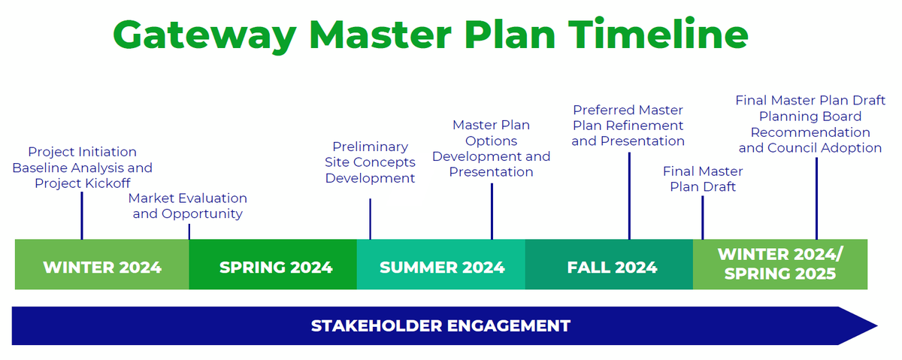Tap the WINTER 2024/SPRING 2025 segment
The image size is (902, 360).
click(780, 264)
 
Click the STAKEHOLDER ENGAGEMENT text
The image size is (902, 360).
click(440, 326)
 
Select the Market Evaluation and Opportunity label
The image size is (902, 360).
click(187, 206)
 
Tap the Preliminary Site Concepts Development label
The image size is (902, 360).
click(370, 162)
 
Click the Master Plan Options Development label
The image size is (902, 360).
click(491, 149)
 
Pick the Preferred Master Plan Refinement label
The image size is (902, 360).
click(628, 126)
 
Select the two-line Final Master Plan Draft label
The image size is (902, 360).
click(702, 179)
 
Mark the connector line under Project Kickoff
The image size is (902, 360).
click(82, 215)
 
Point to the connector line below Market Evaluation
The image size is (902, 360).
click(189, 231)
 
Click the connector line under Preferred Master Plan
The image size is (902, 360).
click(629, 195)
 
